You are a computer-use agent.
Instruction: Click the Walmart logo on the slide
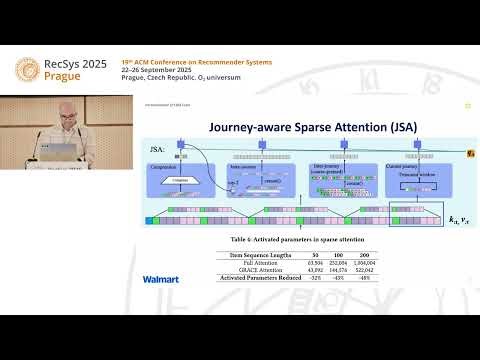click(161, 279)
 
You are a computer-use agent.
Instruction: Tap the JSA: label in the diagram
click(157, 148)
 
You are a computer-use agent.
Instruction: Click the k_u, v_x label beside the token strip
click(459, 218)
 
